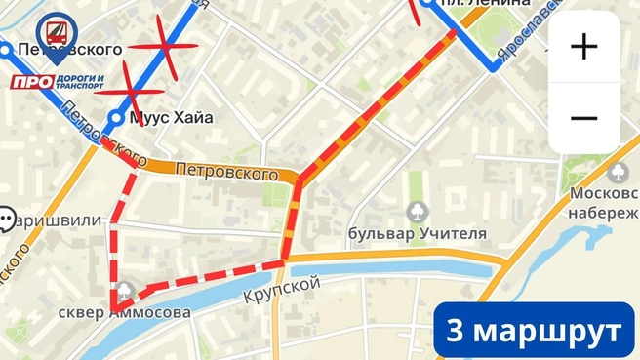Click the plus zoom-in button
tap(583, 46)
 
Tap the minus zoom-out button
tap(583, 119)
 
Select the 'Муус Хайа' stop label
tap(172, 118)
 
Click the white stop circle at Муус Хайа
tap(116, 118)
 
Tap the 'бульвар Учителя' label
tap(418, 233)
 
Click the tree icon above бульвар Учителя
tap(418, 211)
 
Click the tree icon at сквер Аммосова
tap(124, 290)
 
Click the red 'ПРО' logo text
tap(31, 82)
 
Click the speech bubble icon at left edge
tap(7, 220)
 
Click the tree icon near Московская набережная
tap(617, 172)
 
